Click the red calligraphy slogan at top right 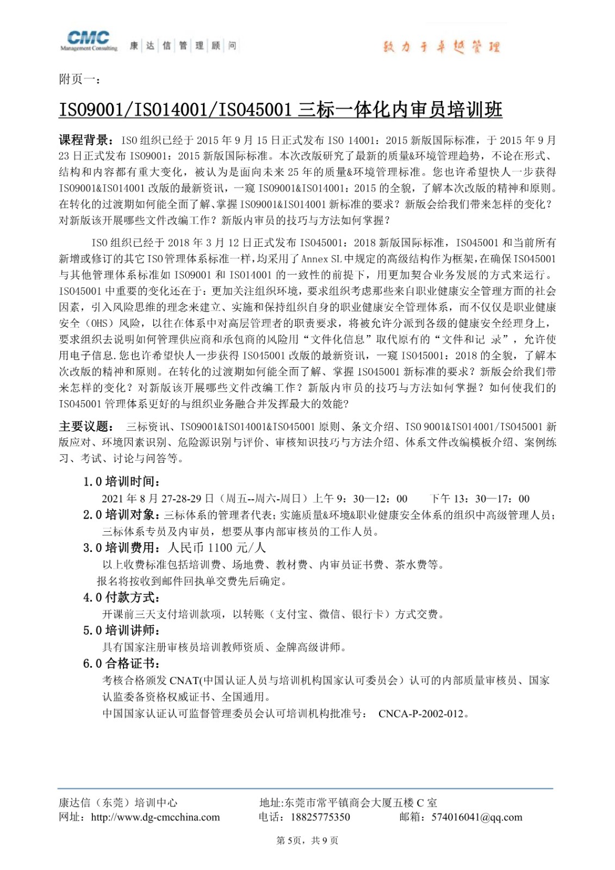tap(441, 47)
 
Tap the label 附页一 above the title tap(79, 79)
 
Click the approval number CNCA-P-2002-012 tap(423, 714)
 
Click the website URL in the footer tap(155, 817)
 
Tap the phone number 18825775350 tap(320, 817)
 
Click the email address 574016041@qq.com tap(476, 817)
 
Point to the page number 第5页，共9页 tap(307, 841)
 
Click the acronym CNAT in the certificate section tap(184, 681)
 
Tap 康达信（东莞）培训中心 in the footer tap(118, 803)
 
